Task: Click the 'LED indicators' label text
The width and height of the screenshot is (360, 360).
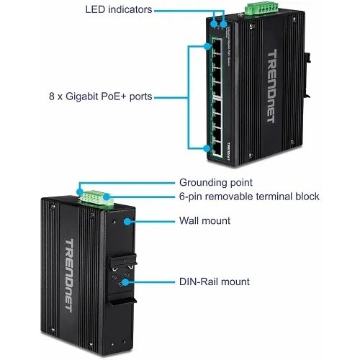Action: pyautogui.click(x=118, y=9)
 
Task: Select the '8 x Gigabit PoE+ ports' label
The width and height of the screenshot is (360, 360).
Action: pyautogui.click(x=106, y=96)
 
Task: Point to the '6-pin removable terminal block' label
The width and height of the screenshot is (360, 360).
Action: pyautogui.click(x=248, y=197)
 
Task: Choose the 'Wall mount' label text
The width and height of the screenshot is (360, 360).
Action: pyautogui.click(x=204, y=221)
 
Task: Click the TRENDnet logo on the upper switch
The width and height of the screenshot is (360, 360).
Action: pyautogui.click(x=272, y=86)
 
